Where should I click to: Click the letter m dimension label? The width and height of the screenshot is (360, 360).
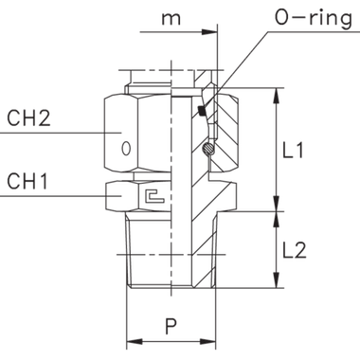click(170, 18)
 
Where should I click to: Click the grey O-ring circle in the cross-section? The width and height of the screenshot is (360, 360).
click(207, 150)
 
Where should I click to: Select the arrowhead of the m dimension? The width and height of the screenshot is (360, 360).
click(216, 32)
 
